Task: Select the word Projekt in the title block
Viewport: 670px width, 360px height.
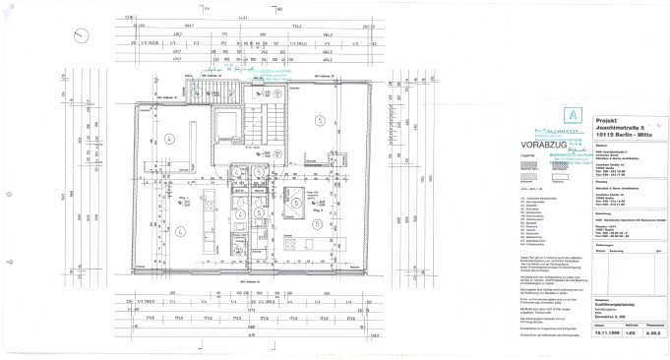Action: pyautogui.click(x=611, y=116)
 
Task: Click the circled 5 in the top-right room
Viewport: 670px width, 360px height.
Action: pyautogui.click(x=319, y=119)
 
